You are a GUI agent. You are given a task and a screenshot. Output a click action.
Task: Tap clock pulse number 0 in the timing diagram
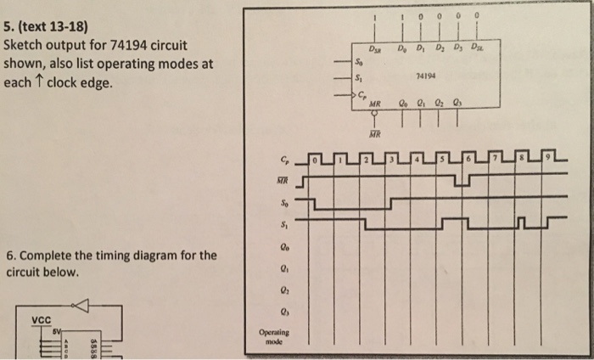pyautogui.click(x=312, y=159)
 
